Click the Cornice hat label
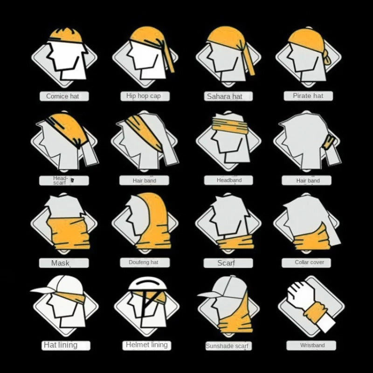[63, 97]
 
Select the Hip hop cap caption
[143, 96]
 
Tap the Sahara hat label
[225, 97]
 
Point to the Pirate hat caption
[308, 96]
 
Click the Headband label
[229, 180]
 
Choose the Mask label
[60, 263]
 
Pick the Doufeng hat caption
[143, 262]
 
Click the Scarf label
[226, 263]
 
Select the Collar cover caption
[309, 262]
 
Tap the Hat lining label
[60, 345]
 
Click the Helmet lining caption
[146, 345]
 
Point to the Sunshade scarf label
[227, 346]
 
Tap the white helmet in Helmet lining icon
[146, 283]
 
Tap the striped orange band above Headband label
[228, 124]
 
